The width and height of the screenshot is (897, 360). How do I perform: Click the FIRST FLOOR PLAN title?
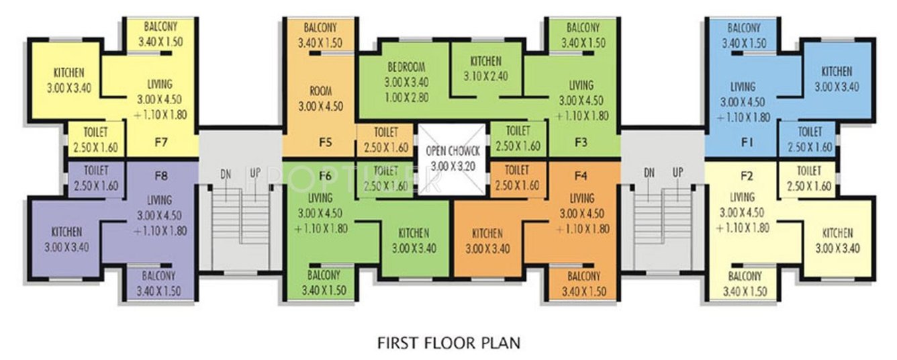tap(448, 343)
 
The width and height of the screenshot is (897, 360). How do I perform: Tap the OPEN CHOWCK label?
tap(452, 151)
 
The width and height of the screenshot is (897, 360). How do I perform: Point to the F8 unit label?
tap(160, 177)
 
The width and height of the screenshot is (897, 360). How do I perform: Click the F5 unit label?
tap(326, 142)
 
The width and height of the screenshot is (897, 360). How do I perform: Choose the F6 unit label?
tap(326, 176)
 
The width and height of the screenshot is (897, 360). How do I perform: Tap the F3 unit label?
tap(581, 142)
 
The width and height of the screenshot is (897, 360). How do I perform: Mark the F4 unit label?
tap(581, 176)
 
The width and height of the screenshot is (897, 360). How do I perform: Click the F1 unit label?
tap(746, 142)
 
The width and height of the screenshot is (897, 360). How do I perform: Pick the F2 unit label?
tap(746, 177)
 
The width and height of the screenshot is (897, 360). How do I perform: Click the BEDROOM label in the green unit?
tap(406, 68)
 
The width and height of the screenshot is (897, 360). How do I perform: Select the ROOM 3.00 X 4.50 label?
tap(320, 91)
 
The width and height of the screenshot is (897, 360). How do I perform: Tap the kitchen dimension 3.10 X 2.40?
tap(485, 76)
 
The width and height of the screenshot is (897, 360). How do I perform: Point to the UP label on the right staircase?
tap(677, 173)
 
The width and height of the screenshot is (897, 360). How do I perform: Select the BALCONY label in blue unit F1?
tap(743, 28)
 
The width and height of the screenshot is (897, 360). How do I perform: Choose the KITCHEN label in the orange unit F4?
tap(487, 234)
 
